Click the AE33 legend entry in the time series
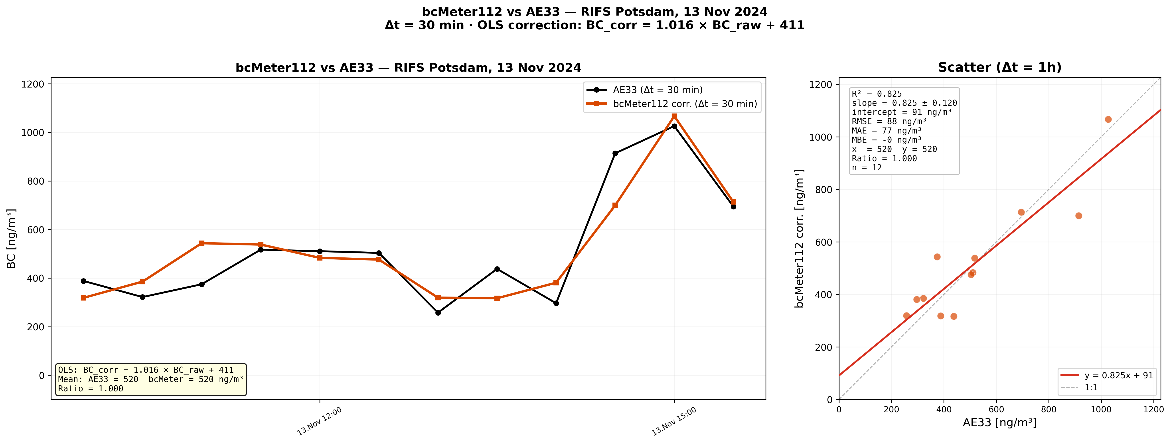(657, 90)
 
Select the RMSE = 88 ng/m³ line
(889, 121)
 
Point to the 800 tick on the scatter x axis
(1049, 409)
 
